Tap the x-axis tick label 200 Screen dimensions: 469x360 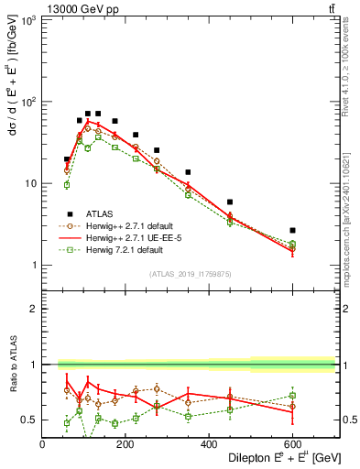tap(125, 444)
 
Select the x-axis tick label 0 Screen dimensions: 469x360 tap(42, 444)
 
